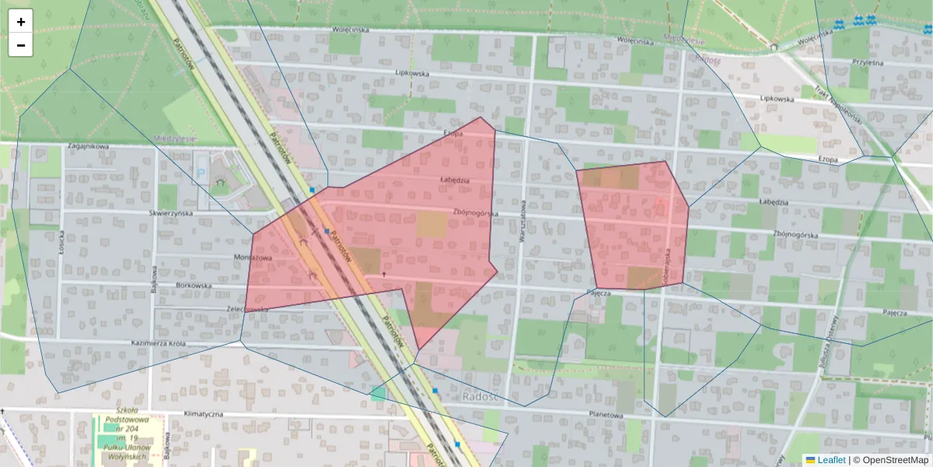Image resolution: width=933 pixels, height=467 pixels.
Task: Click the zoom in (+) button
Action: click(x=21, y=22)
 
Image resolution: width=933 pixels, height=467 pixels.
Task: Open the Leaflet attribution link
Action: click(x=831, y=460)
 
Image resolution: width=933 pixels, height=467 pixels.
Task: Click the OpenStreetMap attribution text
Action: click(x=895, y=460)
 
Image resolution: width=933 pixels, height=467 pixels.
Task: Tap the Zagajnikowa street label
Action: click(x=87, y=146)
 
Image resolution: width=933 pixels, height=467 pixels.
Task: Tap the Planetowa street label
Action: click(x=606, y=415)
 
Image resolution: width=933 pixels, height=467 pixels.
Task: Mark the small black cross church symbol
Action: click(x=383, y=275)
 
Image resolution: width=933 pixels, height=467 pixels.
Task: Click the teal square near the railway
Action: click(x=378, y=394)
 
